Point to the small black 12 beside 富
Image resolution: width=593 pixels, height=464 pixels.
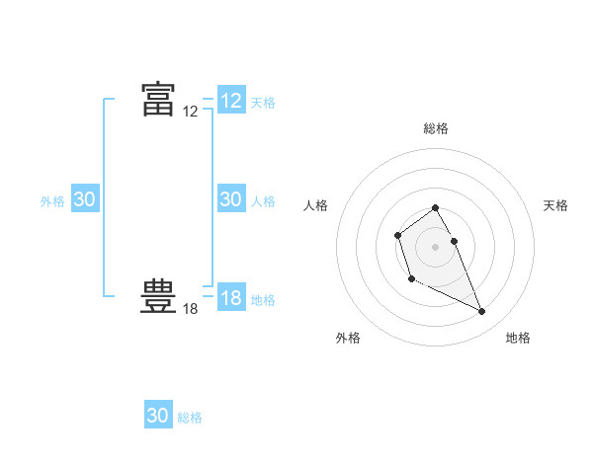click(x=191, y=113)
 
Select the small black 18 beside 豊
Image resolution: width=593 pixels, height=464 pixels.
click(x=191, y=309)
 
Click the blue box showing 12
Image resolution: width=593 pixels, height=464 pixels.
click(x=231, y=101)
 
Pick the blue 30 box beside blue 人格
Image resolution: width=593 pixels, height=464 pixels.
click(x=231, y=199)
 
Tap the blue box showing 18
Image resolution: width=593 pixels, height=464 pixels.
click(x=231, y=298)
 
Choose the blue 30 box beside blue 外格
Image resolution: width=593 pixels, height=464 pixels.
click(x=85, y=199)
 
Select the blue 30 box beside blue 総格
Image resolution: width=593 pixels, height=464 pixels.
click(x=158, y=416)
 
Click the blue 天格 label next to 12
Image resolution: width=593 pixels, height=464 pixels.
click(x=263, y=103)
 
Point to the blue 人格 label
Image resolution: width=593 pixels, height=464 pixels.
click(x=263, y=201)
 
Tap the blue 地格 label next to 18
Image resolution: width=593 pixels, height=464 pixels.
click(x=263, y=300)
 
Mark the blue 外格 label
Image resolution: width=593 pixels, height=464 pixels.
click(x=52, y=201)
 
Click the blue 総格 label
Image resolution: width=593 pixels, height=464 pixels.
click(x=190, y=418)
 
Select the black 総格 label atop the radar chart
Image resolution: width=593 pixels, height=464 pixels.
click(x=436, y=128)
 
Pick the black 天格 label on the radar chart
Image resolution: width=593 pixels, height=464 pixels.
click(x=556, y=205)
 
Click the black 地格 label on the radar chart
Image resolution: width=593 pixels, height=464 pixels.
click(x=518, y=338)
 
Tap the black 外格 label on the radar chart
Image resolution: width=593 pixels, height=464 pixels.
click(x=348, y=338)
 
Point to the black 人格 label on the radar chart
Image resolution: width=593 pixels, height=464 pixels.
click(x=316, y=205)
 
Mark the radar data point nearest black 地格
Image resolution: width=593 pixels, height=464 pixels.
click(x=482, y=312)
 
